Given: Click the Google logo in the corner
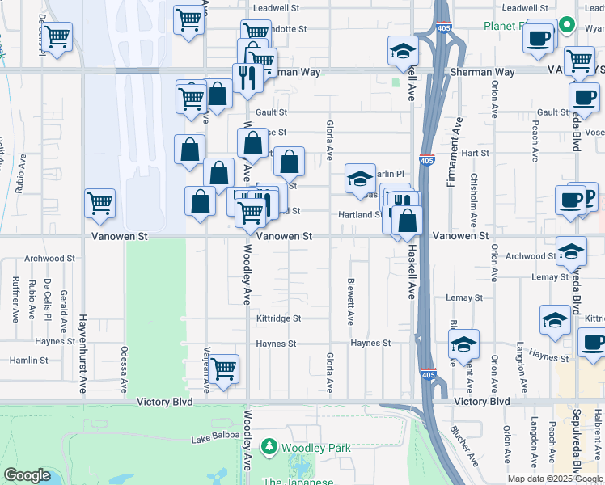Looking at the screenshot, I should coord(27,475).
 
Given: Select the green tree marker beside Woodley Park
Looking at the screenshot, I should coord(269,447).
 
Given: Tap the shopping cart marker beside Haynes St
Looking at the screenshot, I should coord(224,369).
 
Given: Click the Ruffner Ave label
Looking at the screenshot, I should coord(15,295).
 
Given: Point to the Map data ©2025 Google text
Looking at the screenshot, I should coord(553,479).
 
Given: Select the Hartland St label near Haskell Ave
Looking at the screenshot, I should coord(360,214).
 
